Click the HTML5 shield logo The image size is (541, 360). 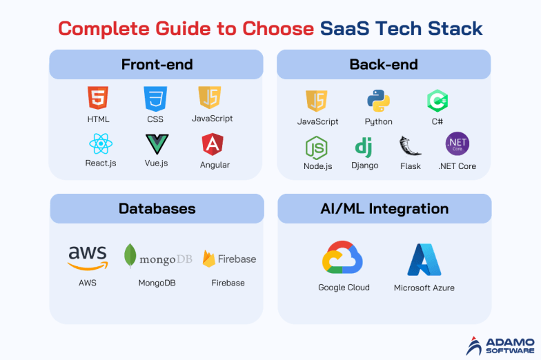click(x=98, y=99)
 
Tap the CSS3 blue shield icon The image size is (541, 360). click(x=155, y=99)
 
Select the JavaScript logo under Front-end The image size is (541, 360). click(x=209, y=98)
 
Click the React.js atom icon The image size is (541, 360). click(x=101, y=143)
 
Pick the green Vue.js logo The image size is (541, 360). click(x=156, y=144)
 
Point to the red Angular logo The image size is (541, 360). click(x=213, y=144)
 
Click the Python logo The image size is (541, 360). click(x=378, y=101)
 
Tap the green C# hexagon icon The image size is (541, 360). click(x=437, y=101)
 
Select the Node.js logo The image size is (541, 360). click(x=317, y=148)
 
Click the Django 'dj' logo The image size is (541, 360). click(x=364, y=147)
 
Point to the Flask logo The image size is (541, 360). click(x=410, y=147)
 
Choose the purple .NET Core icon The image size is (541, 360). click(x=457, y=145)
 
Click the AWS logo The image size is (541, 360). click(x=88, y=258)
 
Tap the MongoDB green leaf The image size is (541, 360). click(x=130, y=256)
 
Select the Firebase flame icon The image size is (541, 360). click(x=209, y=259)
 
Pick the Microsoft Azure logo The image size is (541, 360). click(x=424, y=259)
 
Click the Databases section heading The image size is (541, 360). click(x=157, y=208)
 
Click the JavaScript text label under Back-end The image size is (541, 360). click(x=317, y=121)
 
